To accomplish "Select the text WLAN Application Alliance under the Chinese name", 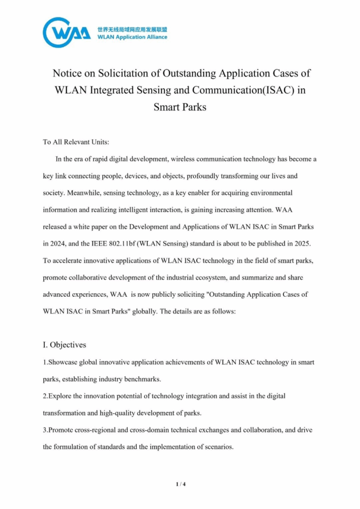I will pos(132,37).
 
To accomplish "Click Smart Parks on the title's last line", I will pos(180,106).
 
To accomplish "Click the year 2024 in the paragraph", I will pos(55,244).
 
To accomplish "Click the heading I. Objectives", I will pos(64,344).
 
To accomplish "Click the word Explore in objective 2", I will pos(59,396).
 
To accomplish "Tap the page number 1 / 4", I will pos(180,484).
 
